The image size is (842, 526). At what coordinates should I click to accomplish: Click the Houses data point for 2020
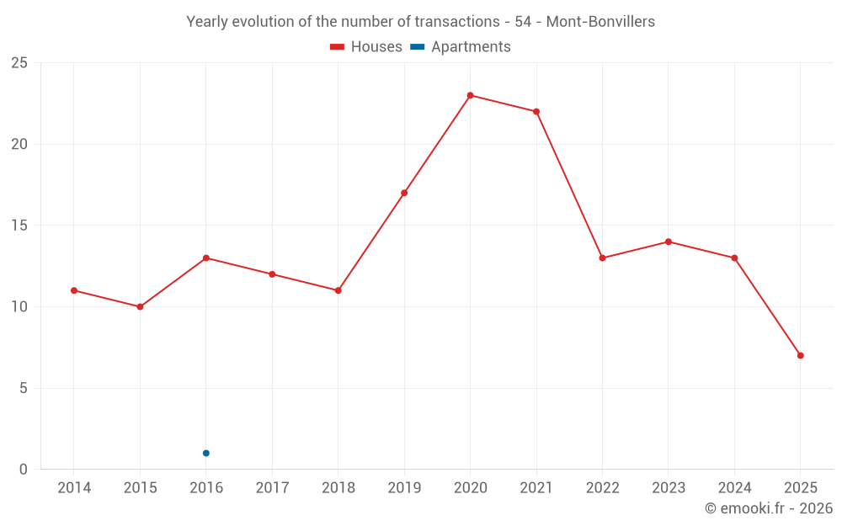(470, 95)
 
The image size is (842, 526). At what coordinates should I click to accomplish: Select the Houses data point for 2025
(800, 355)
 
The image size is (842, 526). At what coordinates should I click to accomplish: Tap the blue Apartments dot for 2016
(206, 453)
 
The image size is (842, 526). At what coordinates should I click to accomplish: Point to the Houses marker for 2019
(404, 193)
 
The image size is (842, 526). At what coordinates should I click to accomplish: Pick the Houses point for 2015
(140, 306)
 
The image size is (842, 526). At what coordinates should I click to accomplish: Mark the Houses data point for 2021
(536, 111)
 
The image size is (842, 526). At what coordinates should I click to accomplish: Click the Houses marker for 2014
(74, 290)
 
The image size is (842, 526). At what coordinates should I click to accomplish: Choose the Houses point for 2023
(669, 242)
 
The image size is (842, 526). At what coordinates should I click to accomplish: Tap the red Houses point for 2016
(206, 258)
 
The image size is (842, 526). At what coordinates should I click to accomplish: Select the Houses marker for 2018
(338, 290)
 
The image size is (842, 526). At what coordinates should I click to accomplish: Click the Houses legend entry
(366, 47)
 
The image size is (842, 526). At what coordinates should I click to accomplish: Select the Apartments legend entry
(461, 47)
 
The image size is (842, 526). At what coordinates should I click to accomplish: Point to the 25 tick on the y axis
(19, 63)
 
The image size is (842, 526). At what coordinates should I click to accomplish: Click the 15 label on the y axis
(19, 226)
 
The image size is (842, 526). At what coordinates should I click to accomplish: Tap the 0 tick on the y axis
(24, 470)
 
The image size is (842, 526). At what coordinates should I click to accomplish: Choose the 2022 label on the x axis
(602, 488)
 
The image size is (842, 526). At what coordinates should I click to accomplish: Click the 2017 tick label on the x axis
(272, 488)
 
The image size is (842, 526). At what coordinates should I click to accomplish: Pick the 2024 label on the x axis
(734, 488)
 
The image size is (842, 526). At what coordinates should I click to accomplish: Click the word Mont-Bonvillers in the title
(600, 22)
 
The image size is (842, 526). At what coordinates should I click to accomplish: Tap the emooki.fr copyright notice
(769, 508)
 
